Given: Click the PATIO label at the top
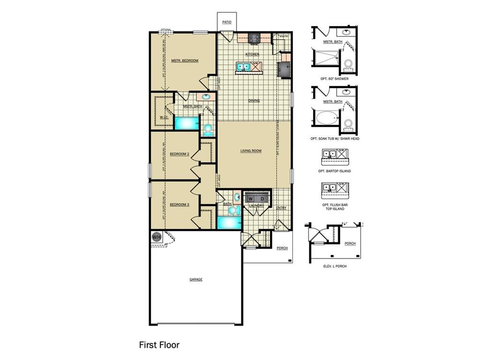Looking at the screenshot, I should tap(227, 22).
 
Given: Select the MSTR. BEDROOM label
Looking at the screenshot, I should tap(184, 60).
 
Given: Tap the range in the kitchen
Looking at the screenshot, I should tap(254, 39).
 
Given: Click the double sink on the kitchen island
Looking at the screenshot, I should tap(242, 67).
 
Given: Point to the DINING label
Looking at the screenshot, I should tap(254, 100).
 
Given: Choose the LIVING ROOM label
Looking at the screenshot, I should tap(251, 151).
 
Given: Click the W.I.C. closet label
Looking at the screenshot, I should tap(164, 117).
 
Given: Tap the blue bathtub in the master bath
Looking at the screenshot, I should tap(187, 123).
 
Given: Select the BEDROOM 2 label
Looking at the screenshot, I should tap(179, 154).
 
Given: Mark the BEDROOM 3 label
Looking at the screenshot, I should tap(179, 204).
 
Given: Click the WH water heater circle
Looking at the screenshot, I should tap(156, 237).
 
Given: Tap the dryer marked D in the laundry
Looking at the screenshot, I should tap(262, 199).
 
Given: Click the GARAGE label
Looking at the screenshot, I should tap(196, 279).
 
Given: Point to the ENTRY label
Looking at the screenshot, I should tap(281, 208).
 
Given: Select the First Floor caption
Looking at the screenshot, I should tap(159, 345).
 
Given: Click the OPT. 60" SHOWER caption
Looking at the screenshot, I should tap(335, 79).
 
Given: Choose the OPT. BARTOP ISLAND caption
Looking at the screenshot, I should tap(334, 171).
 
